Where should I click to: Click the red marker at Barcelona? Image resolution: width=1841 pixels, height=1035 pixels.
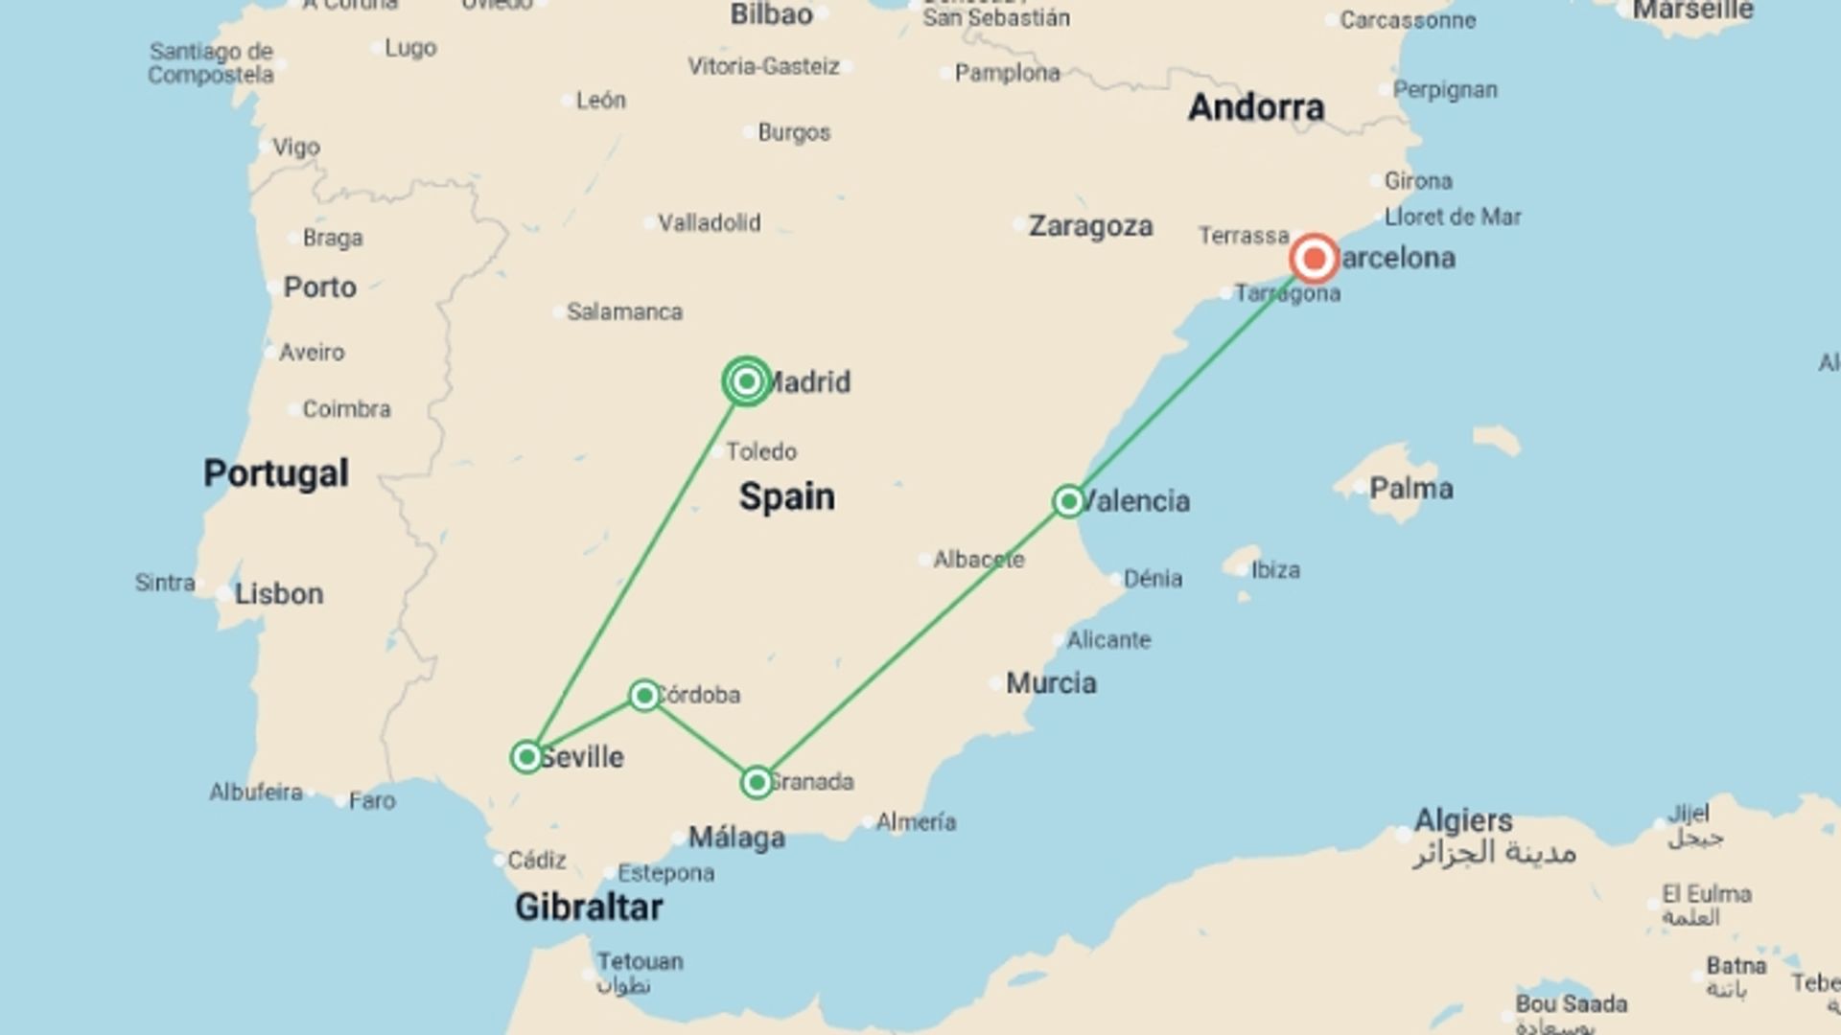[x=1314, y=259]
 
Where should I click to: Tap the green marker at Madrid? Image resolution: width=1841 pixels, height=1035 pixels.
[x=747, y=381]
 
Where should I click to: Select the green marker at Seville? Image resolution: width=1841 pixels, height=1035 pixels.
[x=526, y=757]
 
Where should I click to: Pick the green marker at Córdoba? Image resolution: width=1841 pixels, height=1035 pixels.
[x=644, y=695]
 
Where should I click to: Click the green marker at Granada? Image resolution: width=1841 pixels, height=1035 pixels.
[x=757, y=783]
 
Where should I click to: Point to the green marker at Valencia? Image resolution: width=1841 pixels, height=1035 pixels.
[x=1068, y=501]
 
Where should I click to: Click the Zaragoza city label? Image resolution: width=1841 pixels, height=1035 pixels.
[x=1090, y=226]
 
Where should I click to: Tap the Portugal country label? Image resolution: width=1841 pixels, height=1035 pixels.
[x=276, y=473]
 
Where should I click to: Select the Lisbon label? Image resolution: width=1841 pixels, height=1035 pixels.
[x=279, y=594]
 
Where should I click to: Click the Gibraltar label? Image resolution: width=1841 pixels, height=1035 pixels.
[x=589, y=907]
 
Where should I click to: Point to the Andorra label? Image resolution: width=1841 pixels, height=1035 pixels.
[x=1256, y=107]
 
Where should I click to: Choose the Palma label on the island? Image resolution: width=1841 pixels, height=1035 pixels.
[x=1410, y=489]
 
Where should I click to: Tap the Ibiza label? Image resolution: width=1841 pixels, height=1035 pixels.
[x=1275, y=570]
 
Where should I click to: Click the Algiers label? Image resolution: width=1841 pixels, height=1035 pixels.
[x=1463, y=820]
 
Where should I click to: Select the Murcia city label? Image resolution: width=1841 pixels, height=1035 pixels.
[x=1051, y=683]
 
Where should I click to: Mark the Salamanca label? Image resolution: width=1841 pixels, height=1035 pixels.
[x=624, y=312]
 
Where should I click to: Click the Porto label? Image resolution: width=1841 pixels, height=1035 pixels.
[x=319, y=287]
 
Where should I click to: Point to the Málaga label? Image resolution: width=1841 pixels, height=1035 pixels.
[x=736, y=838]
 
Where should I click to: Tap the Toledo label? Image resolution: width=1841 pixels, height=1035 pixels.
[x=761, y=451]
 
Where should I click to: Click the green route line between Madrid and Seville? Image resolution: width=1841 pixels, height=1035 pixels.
[x=637, y=569]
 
